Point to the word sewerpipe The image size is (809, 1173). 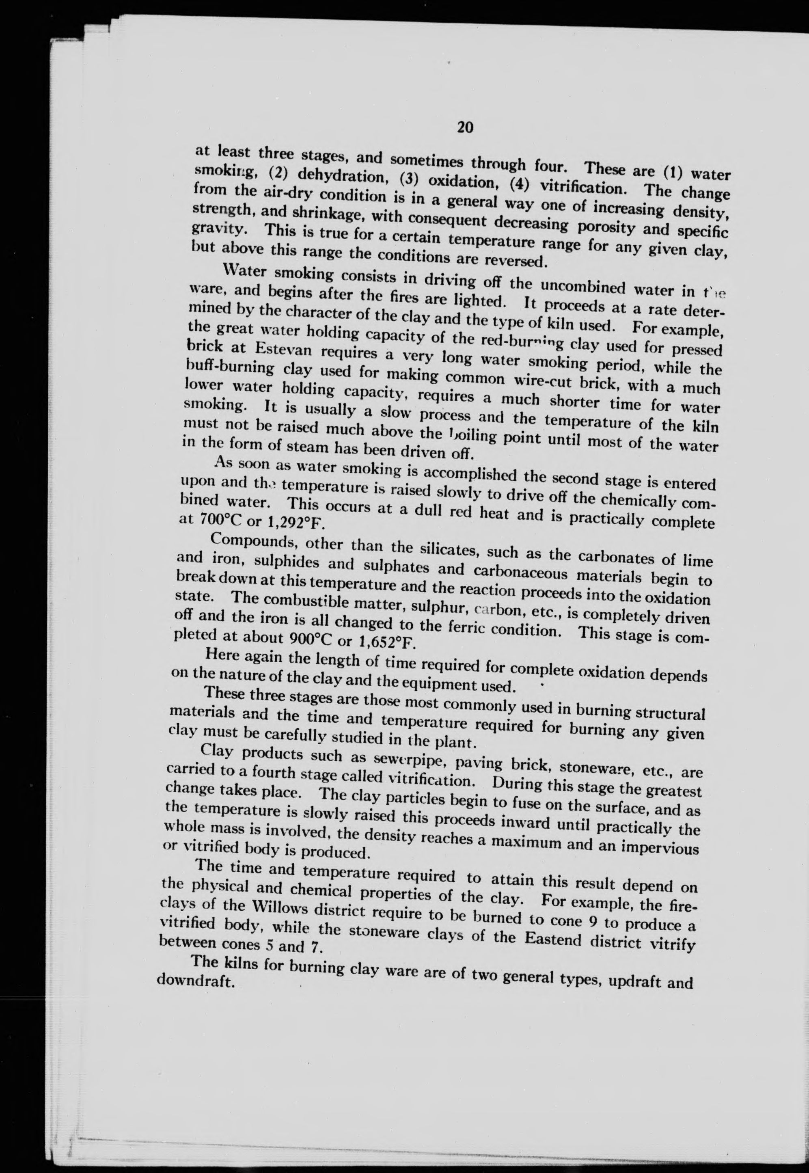[x=397, y=759]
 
